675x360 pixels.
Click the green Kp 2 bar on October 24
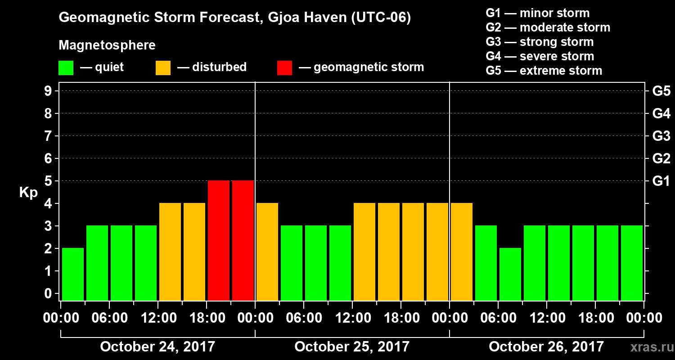pos(73,274)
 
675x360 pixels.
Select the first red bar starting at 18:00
pos(219,240)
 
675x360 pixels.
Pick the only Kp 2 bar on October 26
pos(510,274)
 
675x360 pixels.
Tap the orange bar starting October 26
pos(462,252)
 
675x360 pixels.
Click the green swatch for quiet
pos(66,68)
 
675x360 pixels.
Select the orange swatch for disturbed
pos(163,68)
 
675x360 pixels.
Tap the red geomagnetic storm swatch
pos(284,68)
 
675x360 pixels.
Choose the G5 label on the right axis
pos(661,91)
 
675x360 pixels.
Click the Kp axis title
pos(28,193)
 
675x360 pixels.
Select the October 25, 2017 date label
pos(352,347)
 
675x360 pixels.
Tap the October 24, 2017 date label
pos(157,347)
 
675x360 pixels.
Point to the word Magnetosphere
pos(107,45)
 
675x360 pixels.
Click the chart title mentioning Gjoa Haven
pos(234,18)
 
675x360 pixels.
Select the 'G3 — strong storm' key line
pos(540,42)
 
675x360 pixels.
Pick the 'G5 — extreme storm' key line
pos(544,71)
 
